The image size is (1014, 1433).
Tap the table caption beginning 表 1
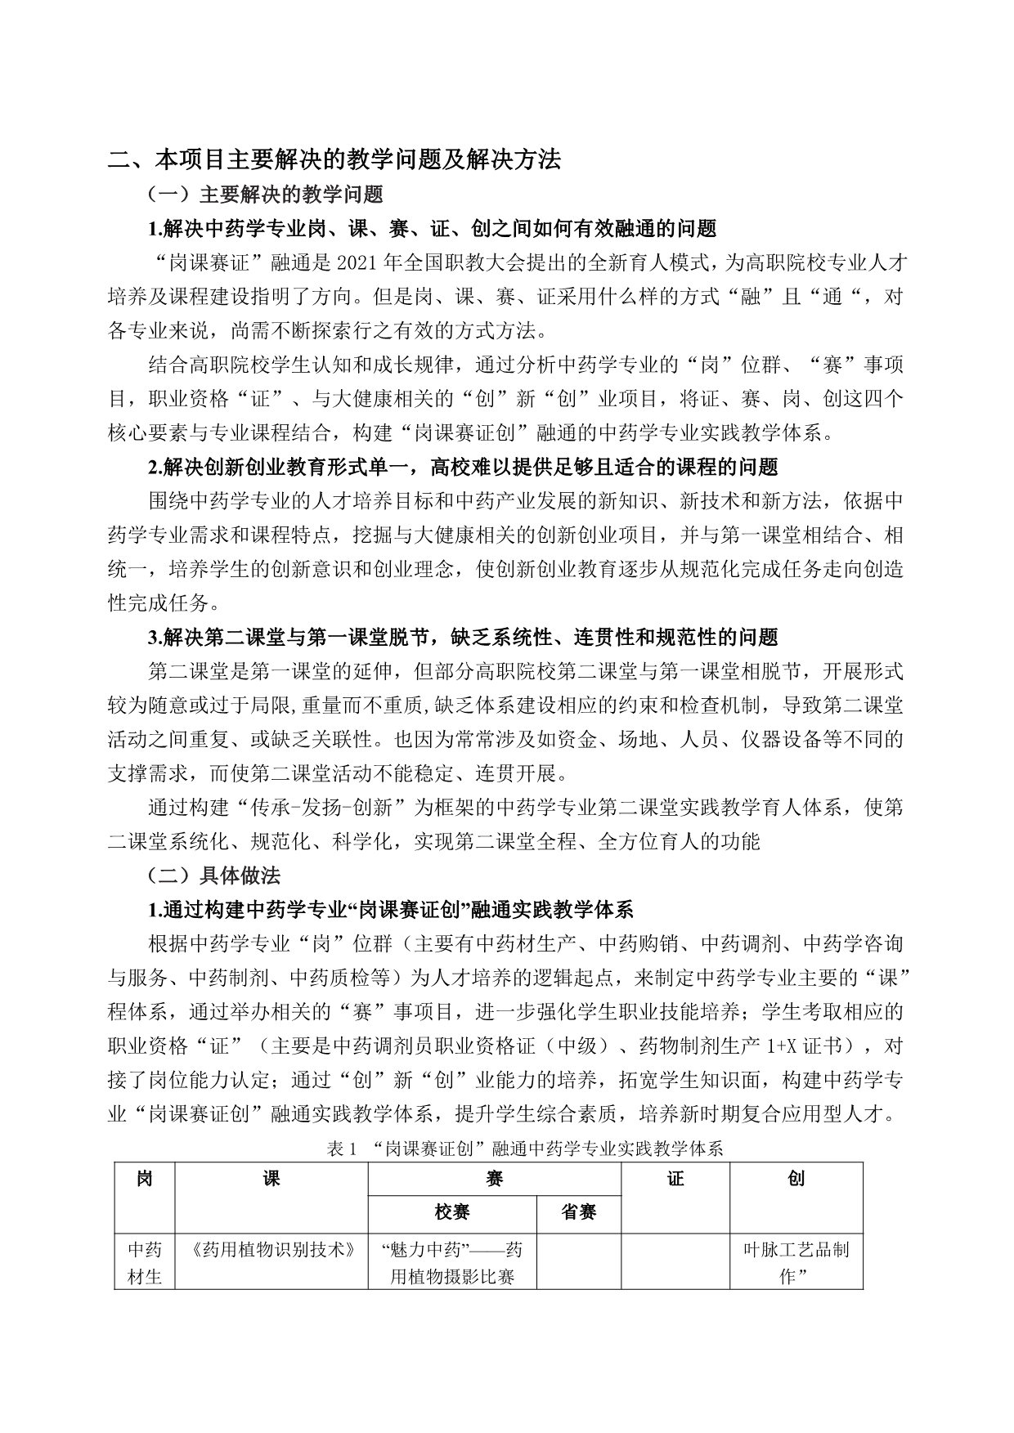pyautogui.click(x=524, y=1149)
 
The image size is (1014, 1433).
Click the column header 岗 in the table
pyautogui.click(x=145, y=1179)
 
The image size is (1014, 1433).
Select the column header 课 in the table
pyautogui.click(x=271, y=1179)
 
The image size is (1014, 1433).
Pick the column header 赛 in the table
pyautogui.click(x=494, y=1179)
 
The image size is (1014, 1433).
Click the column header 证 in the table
pyautogui.click(x=675, y=1179)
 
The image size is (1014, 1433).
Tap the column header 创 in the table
pyautogui.click(x=796, y=1179)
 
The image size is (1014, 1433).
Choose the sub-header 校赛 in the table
pyautogui.click(x=452, y=1212)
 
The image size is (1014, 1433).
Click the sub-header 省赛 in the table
pyautogui.click(x=578, y=1212)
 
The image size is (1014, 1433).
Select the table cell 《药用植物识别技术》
pyautogui.click(x=271, y=1250)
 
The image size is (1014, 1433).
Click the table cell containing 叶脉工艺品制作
pyautogui.click(x=796, y=1263)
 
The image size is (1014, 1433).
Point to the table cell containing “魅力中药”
pyautogui.click(x=452, y=1263)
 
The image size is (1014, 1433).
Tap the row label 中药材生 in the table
pyautogui.click(x=145, y=1263)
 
